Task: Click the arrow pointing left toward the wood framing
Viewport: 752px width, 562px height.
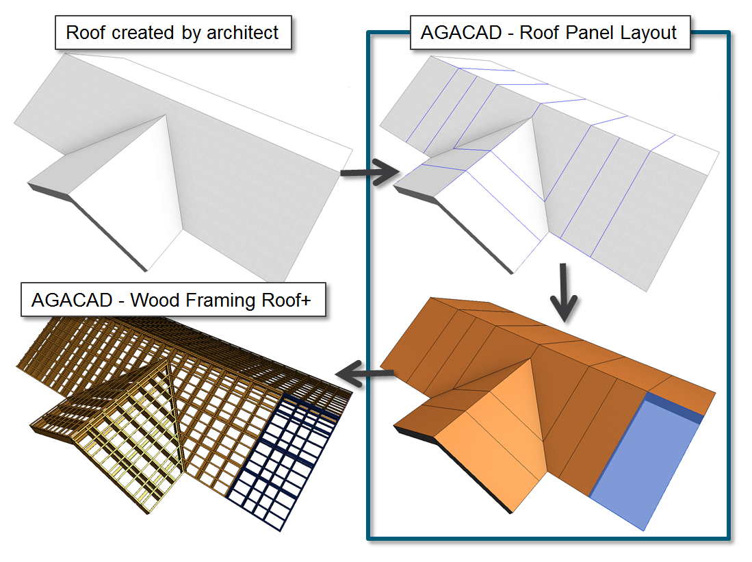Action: pyautogui.click(x=365, y=373)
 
